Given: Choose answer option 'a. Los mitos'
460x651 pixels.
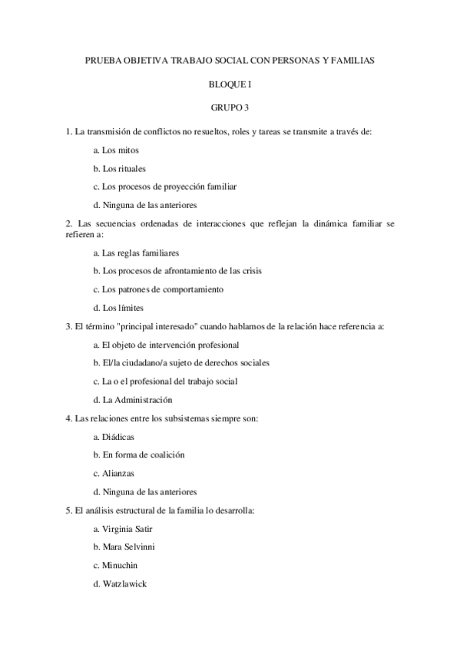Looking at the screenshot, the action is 115,150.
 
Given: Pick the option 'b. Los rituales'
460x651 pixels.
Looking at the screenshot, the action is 119,168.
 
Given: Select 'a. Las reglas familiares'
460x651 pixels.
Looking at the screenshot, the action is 135,253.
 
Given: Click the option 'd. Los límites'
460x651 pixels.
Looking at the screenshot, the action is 117,308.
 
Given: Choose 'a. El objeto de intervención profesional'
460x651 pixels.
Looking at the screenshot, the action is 165,345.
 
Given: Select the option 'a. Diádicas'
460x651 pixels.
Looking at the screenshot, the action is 114,436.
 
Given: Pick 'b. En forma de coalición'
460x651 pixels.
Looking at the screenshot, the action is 138,454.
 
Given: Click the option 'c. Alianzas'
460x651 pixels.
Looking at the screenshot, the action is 113,473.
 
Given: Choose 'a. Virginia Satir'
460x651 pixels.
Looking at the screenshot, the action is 123,528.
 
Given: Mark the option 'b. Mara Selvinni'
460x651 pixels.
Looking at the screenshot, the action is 125,547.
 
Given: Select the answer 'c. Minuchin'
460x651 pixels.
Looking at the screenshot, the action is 115,565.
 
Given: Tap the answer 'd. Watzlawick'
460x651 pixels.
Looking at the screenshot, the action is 120,583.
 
